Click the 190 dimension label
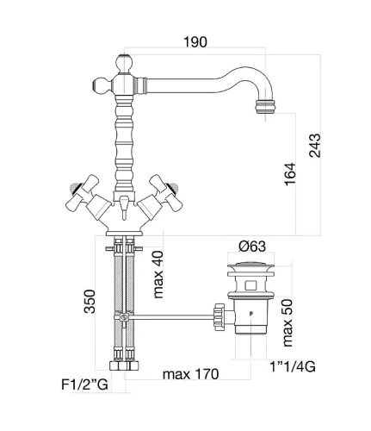coord(195,42)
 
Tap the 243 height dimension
coord(315,146)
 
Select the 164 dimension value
coord(290,174)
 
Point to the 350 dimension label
coord(90,302)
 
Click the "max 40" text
coord(158,275)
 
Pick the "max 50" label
coord(288,322)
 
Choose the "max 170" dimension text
coord(190,374)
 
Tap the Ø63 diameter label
coord(252,247)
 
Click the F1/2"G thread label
coord(84,384)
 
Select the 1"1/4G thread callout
coord(293,366)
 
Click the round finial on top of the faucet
coord(125,62)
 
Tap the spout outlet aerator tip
coord(265,106)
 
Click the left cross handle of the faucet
coord(83,192)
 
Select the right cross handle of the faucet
coord(166,192)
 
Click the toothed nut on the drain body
coord(219,317)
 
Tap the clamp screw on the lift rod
coord(124,317)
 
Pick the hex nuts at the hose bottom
coord(124,365)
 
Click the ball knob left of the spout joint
coord(101,85)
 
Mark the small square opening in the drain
coord(250,286)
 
